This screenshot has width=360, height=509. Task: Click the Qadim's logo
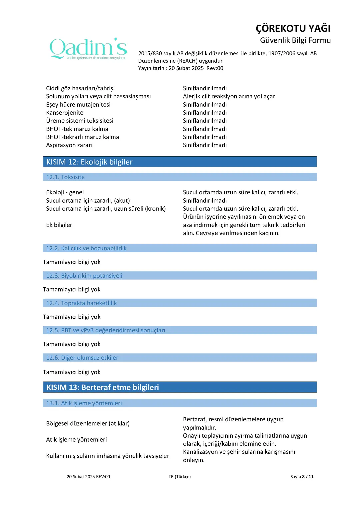click(88, 49)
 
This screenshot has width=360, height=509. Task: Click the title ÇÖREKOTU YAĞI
click(293, 28)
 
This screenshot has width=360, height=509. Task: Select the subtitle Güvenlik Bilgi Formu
click(295, 40)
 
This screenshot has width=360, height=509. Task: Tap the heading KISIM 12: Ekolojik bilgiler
click(89, 162)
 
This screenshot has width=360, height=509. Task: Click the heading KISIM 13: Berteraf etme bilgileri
click(103, 387)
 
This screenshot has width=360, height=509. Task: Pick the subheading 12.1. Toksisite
click(65, 177)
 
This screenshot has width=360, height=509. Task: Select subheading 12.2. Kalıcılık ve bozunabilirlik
click(86, 248)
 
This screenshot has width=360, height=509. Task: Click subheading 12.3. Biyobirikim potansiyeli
click(84, 276)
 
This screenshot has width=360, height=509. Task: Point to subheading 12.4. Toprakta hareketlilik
click(81, 303)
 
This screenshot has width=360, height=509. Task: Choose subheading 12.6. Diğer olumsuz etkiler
click(82, 358)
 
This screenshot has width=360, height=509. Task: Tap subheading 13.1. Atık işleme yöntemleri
click(84, 403)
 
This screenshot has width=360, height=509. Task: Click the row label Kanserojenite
click(65, 113)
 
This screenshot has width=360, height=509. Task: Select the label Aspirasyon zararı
click(69, 145)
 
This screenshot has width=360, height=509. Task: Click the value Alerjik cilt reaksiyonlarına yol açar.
click(230, 96)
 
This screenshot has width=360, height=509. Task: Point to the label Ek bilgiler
click(59, 225)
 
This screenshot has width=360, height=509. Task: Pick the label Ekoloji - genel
click(65, 192)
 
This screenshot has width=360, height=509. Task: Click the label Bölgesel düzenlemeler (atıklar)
click(88, 423)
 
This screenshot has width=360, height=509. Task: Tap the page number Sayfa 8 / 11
click(302, 477)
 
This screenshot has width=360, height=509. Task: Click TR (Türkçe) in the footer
click(180, 477)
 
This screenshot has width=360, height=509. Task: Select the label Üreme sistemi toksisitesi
click(80, 121)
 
